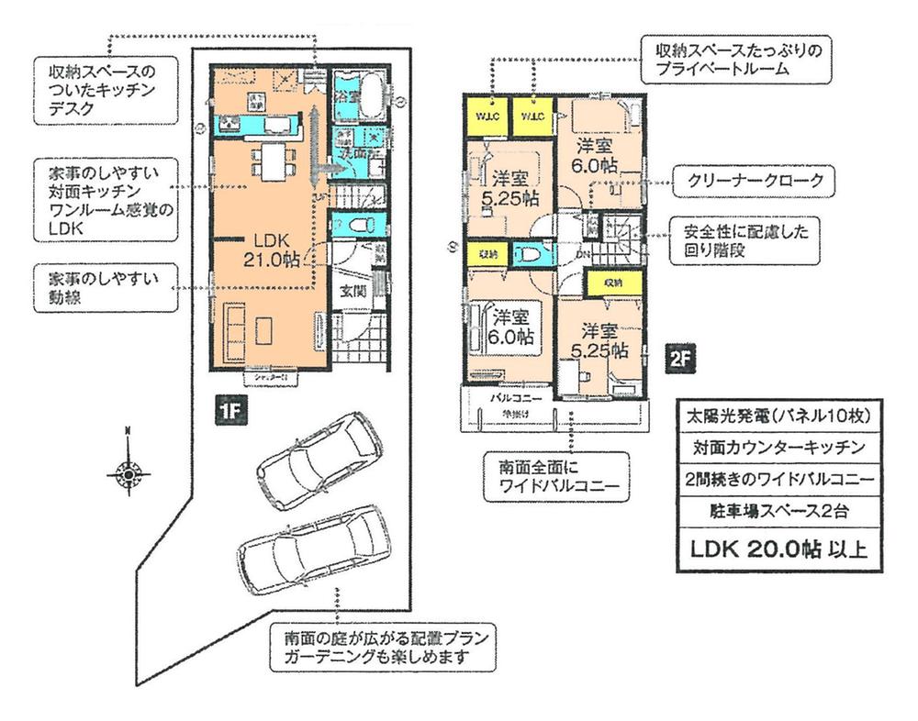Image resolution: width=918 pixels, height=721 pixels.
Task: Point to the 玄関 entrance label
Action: pos(353,293)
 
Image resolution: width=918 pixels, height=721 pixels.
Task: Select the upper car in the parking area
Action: pos(310,460)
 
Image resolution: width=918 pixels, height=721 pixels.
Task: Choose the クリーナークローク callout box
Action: pos(753,182)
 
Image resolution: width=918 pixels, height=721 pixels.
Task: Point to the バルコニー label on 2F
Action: pos(515,398)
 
